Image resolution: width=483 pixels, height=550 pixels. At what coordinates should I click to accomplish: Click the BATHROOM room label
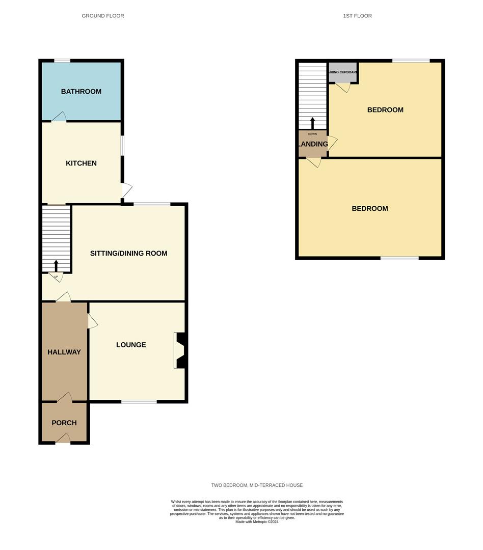pyautogui.click(x=81, y=92)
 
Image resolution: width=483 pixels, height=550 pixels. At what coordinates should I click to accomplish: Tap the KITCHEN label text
pyautogui.click(x=81, y=163)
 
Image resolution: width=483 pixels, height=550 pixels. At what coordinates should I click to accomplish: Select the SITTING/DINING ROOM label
pyautogui.click(x=128, y=253)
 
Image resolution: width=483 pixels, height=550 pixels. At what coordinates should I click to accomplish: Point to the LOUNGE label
pyautogui.click(x=131, y=345)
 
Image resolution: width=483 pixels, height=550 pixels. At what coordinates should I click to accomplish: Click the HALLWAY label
pyautogui.click(x=64, y=352)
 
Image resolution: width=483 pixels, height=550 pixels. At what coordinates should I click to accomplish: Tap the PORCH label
pyautogui.click(x=64, y=423)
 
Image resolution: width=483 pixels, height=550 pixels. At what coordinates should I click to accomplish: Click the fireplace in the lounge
pyautogui.click(x=180, y=350)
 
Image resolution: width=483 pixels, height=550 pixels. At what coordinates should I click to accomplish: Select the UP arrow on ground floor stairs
pyautogui.click(x=56, y=266)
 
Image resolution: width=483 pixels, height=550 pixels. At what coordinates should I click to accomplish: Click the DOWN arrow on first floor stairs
pyautogui.click(x=312, y=123)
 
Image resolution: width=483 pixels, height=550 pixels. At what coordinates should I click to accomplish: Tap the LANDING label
pyautogui.click(x=313, y=144)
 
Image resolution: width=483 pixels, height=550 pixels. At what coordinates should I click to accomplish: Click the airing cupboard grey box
pyautogui.click(x=342, y=72)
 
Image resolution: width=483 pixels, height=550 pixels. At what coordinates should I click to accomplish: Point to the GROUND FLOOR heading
pyautogui.click(x=103, y=16)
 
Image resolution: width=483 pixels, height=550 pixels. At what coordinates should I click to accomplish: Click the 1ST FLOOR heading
pyautogui.click(x=357, y=16)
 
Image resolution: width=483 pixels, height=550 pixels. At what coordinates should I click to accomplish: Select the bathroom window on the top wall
pyautogui.click(x=62, y=61)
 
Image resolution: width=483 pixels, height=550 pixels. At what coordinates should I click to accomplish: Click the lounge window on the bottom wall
pyautogui.click(x=139, y=402)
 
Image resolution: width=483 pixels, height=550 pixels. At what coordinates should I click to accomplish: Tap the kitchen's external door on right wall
pyautogui.click(x=126, y=190)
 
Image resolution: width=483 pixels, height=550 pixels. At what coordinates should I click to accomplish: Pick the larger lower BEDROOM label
pyautogui.click(x=370, y=208)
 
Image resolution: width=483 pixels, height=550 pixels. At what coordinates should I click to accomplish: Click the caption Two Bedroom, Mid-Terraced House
pyautogui.click(x=257, y=485)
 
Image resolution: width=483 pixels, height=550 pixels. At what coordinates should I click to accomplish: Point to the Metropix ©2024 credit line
pyautogui.click(x=257, y=521)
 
